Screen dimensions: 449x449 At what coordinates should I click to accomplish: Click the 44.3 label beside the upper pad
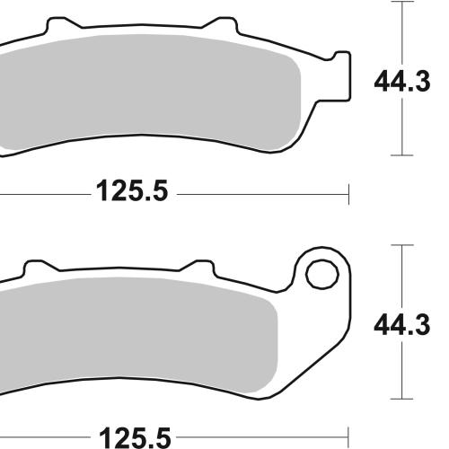pos(402,81)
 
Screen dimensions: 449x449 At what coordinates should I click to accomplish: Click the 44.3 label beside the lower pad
pos(402,324)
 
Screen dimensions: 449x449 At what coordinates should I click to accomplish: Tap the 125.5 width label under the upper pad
pos(132,190)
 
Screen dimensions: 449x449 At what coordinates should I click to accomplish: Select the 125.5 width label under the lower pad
pos(135,438)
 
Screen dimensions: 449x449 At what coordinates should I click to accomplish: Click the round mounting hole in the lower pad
pos(322,274)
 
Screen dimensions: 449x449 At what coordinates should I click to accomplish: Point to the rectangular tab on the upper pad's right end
pos(341,76)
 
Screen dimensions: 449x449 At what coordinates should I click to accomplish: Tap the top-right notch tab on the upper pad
pos(222,23)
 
